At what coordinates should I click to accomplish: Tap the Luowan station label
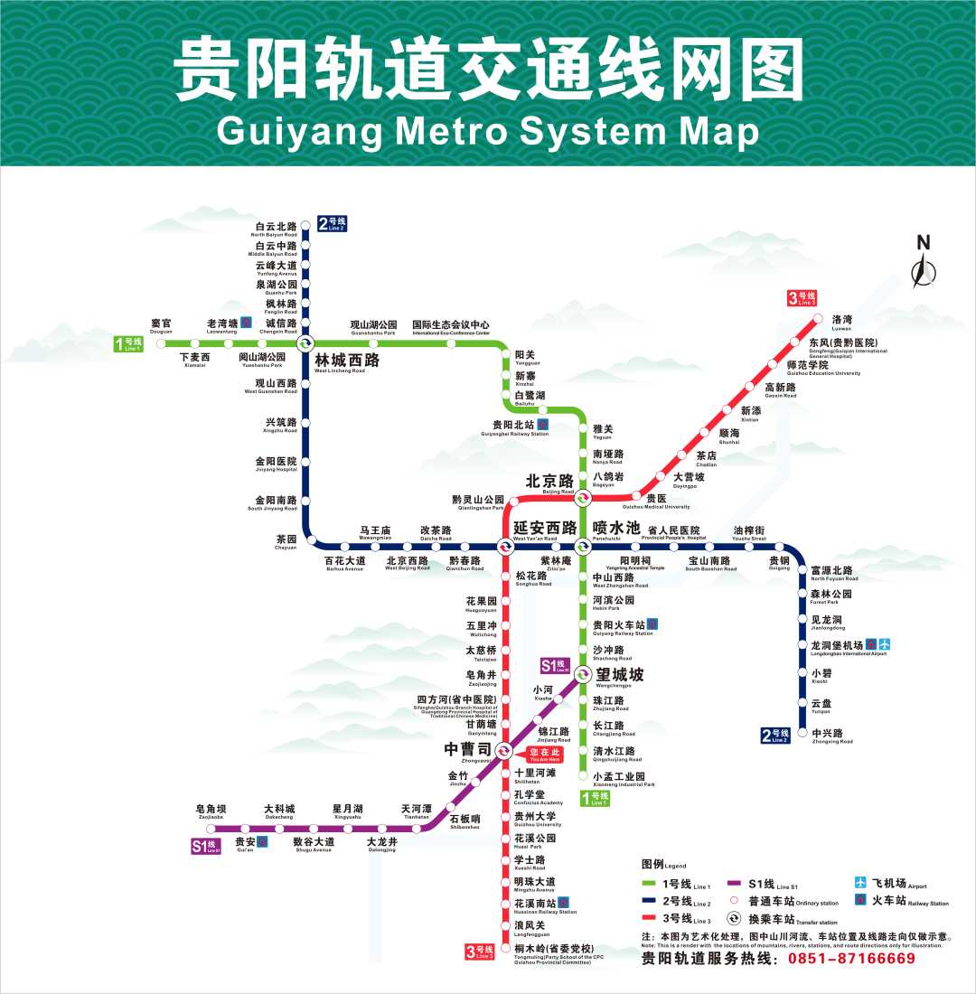842,321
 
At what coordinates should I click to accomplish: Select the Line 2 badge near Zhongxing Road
776,735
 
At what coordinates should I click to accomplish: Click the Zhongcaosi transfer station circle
503,749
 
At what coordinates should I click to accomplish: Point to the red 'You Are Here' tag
545,755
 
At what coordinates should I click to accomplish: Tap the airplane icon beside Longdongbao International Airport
885,644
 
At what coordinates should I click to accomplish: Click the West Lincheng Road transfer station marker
305,343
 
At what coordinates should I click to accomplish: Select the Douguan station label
161,325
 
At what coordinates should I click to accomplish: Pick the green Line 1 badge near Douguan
128,343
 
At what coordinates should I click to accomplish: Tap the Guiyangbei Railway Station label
514,427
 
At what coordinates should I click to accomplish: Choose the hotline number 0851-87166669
851,959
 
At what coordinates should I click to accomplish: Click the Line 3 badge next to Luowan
801,297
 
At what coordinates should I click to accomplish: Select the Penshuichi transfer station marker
583,545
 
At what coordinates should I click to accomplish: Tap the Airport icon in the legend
860,883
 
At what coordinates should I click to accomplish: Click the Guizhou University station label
535,818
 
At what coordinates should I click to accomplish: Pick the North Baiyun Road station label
276,229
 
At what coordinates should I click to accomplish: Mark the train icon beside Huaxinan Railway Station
563,903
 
